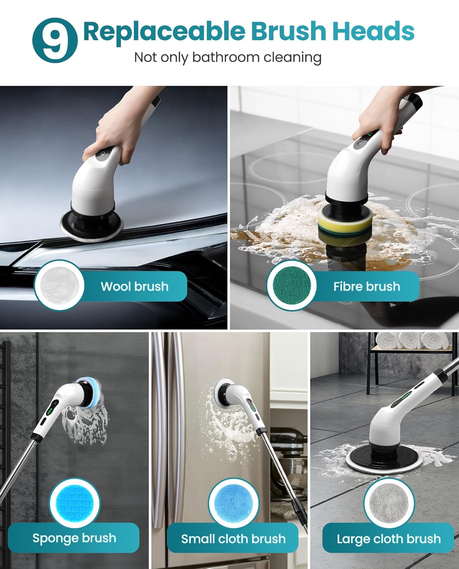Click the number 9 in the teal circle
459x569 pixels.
pyautogui.click(x=55, y=40)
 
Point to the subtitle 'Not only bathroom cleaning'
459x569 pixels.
pyautogui.click(x=228, y=57)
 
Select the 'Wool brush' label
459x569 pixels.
pyautogui.click(x=134, y=286)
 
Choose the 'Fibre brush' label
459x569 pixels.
pyautogui.click(x=366, y=286)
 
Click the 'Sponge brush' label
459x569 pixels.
pyautogui.click(x=74, y=538)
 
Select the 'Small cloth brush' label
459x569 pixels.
pyautogui.click(x=233, y=539)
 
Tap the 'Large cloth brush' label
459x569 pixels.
pyautogui.click(x=388, y=539)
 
